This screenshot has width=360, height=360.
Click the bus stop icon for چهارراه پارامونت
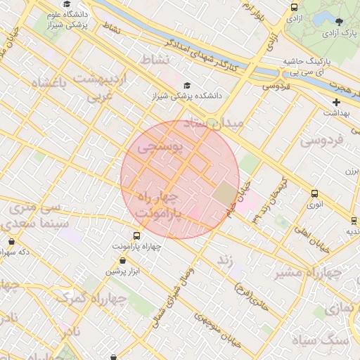136,236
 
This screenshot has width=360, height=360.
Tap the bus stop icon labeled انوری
314,194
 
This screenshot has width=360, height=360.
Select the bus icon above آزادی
294,7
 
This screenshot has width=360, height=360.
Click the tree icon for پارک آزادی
341,22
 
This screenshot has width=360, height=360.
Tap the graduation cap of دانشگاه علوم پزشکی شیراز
66,4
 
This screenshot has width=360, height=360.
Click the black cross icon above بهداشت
337,102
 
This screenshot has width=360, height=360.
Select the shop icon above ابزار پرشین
123,261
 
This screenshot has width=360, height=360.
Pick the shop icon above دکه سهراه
11,241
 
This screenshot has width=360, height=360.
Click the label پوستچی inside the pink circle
160,148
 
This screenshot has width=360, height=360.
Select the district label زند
225,259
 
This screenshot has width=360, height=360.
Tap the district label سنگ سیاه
329,340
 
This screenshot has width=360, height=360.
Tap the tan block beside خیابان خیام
226,194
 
